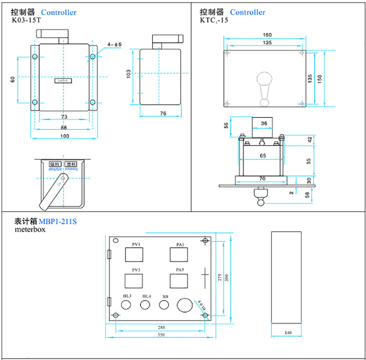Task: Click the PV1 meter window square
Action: pos(134,255)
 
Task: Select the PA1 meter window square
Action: pos(179,255)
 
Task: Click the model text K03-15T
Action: pos(26,21)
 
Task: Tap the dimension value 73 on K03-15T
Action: pos(64,117)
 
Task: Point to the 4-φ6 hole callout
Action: pos(115,44)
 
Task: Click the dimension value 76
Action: pos(163,114)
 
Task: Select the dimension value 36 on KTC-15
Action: pos(264,124)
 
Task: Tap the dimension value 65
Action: pos(262,156)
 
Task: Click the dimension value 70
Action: pos(262,179)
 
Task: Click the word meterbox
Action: pos(30,229)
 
